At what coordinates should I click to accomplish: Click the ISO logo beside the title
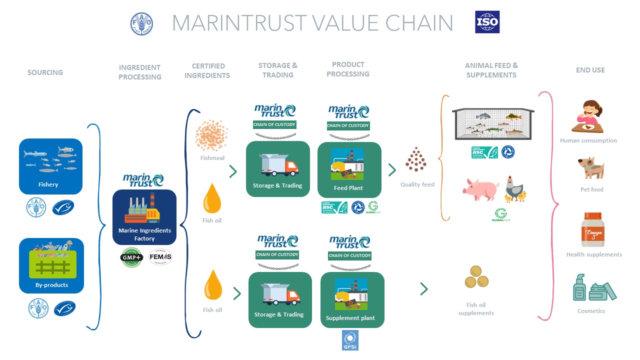(x=487, y=22)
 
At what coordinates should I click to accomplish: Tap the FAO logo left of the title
(x=141, y=23)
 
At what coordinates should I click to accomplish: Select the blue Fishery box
(x=50, y=166)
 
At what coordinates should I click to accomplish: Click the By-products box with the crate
(x=51, y=265)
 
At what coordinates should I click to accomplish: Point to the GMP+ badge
(x=132, y=257)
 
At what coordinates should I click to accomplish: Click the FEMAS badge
(x=160, y=256)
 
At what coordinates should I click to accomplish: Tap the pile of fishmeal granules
(x=211, y=134)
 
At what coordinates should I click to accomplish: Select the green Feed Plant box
(x=349, y=169)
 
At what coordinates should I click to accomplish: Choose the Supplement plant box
(x=352, y=299)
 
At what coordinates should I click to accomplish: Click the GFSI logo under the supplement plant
(x=350, y=340)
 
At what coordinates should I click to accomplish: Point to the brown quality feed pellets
(x=416, y=159)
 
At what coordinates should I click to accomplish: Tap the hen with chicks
(x=515, y=188)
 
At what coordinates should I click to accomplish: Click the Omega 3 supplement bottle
(x=593, y=230)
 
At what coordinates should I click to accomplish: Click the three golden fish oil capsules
(x=476, y=277)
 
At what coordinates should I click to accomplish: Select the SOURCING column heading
(x=45, y=72)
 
